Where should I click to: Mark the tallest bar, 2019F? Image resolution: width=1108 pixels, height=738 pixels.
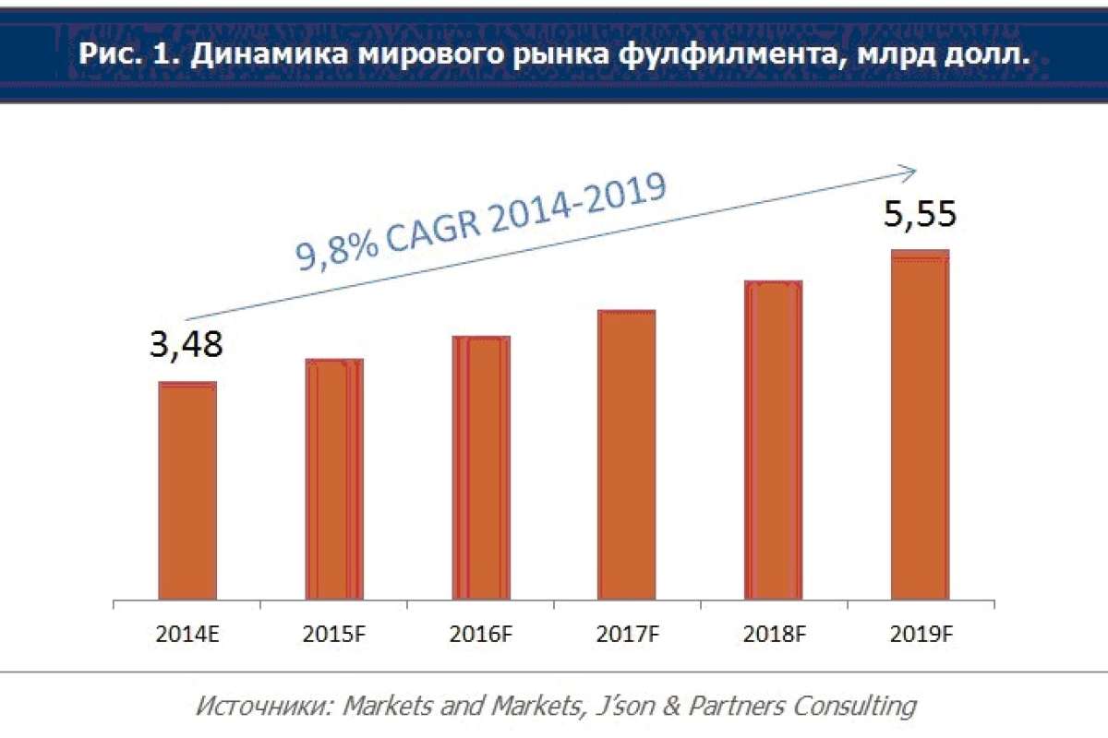[920, 425]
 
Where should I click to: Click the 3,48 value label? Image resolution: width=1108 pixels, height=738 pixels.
[186, 345]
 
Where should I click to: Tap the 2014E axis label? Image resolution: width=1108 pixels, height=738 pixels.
[187, 634]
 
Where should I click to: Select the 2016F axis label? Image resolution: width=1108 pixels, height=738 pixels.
[480, 634]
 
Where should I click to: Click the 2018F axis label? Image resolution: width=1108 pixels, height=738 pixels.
[773, 634]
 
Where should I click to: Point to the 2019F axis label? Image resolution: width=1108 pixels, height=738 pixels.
[920, 634]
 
